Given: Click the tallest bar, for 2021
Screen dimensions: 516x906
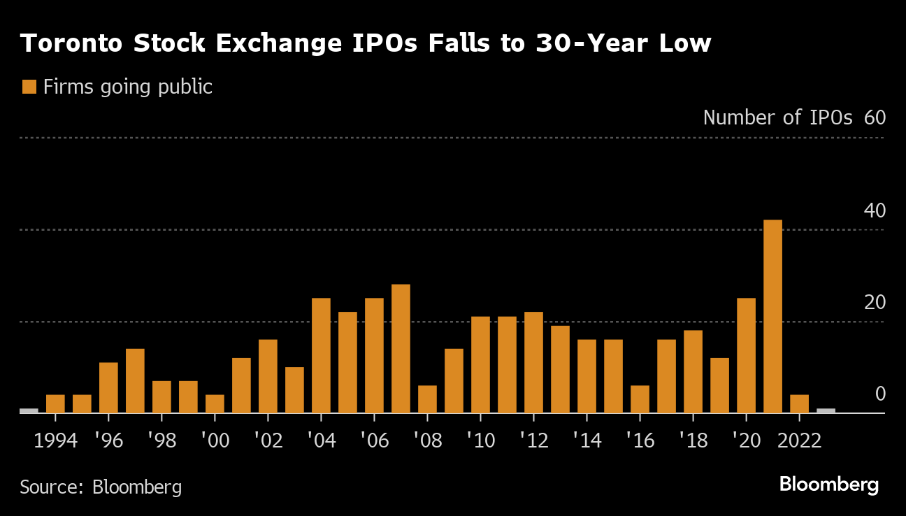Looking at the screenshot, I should [772, 316].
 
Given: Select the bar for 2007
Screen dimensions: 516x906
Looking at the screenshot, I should [401, 348].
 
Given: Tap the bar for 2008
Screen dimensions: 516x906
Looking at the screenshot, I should [427, 399].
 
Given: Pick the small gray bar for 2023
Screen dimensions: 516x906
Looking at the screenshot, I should [826, 410].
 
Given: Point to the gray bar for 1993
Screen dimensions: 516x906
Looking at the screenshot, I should [29, 410].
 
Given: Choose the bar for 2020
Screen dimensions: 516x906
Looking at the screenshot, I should [746, 355].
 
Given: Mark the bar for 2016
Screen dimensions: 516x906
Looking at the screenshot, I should [640, 399].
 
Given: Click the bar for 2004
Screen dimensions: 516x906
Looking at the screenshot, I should [321, 355].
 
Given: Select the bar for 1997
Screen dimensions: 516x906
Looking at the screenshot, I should [135, 380].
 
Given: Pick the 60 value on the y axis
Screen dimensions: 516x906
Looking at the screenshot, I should [875, 117].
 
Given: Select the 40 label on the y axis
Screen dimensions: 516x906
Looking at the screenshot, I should [875, 210].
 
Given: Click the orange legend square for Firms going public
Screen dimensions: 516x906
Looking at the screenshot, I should [29, 87].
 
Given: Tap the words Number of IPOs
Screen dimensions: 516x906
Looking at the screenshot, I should [777, 117].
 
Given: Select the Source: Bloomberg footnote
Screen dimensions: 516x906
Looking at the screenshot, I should [101, 487].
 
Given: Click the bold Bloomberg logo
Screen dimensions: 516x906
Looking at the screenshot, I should [828, 485].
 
